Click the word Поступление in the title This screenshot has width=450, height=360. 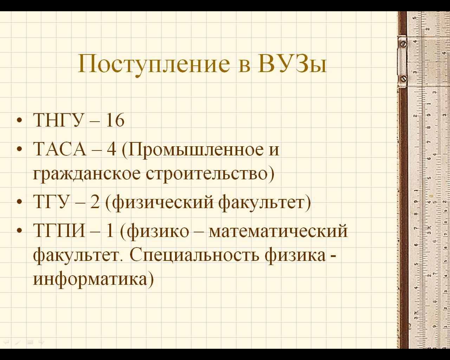point(154,64)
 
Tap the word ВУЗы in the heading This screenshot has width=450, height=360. point(292,63)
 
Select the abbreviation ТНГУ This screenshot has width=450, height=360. point(58,120)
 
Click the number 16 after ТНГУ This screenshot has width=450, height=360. point(115,120)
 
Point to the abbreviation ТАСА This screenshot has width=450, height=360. point(60,149)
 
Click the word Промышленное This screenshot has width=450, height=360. point(195,150)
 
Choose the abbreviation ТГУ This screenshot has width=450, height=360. point(51,202)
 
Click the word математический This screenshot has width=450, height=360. point(278,231)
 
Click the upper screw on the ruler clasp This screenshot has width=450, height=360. point(404,44)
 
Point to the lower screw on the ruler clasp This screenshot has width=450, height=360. point(404,79)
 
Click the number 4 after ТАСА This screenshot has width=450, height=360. point(111,149)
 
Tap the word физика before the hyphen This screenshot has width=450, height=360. point(295,256)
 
